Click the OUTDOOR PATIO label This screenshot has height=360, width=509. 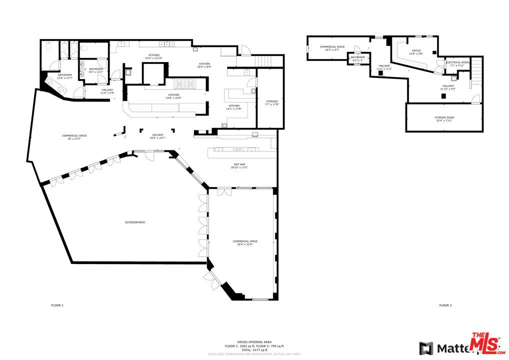pyautogui.click(x=135, y=222)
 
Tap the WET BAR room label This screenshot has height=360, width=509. pyautogui.click(x=238, y=165)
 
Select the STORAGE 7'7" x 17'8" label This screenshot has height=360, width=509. pyautogui.click(x=272, y=102)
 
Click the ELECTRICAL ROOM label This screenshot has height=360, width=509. pyautogui.click(x=457, y=63)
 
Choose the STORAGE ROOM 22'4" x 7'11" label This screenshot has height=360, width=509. pyautogui.click(x=444, y=119)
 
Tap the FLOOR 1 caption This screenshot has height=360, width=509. pyautogui.click(x=57, y=305)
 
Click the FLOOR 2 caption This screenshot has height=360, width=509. pyautogui.click(x=445, y=305)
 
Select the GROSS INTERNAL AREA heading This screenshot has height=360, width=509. pyautogui.click(x=254, y=342)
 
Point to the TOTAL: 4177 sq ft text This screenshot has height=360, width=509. pyautogui.click(x=254, y=349)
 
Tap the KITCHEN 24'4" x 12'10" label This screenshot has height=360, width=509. pyautogui.click(x=154, y=56)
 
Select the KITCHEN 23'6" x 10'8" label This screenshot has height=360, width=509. pyautogui.click(x=173, y=96)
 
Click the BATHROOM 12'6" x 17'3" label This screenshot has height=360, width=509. pyautogui.click(x=64, y=76)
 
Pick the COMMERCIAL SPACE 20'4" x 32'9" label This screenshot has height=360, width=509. pyautogui.click(x=245, y=243)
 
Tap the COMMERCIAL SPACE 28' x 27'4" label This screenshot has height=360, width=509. pyautogui.click(x=74, y=137)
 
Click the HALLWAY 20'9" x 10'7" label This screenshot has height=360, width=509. pyautogui.click(x=158, y=136)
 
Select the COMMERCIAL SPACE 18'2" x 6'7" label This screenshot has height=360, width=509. pyautogui.click(x=332, y=48)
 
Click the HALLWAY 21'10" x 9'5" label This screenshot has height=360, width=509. pyautogui.click(x=447, y=87)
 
